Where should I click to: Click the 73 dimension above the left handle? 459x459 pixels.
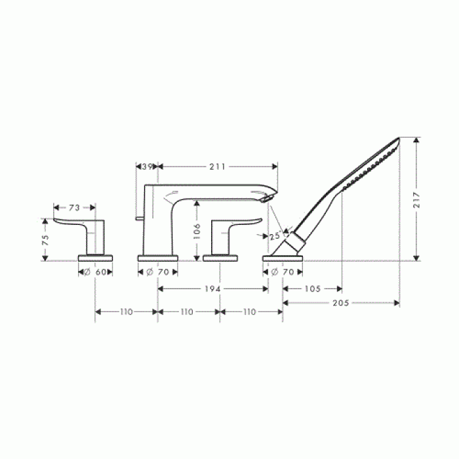point(74,207)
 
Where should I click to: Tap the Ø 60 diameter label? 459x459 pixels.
point(96,271)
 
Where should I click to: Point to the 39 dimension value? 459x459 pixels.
point(147,167)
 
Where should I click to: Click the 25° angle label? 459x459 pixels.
point(275,235)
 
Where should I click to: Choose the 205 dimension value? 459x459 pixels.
point(342,303)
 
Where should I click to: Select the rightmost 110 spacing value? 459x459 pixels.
point(249,312)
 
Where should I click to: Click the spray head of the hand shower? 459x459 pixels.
point(370,164)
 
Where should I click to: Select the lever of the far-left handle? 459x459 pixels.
point(72,222)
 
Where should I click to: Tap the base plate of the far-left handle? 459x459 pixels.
point(96,257)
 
